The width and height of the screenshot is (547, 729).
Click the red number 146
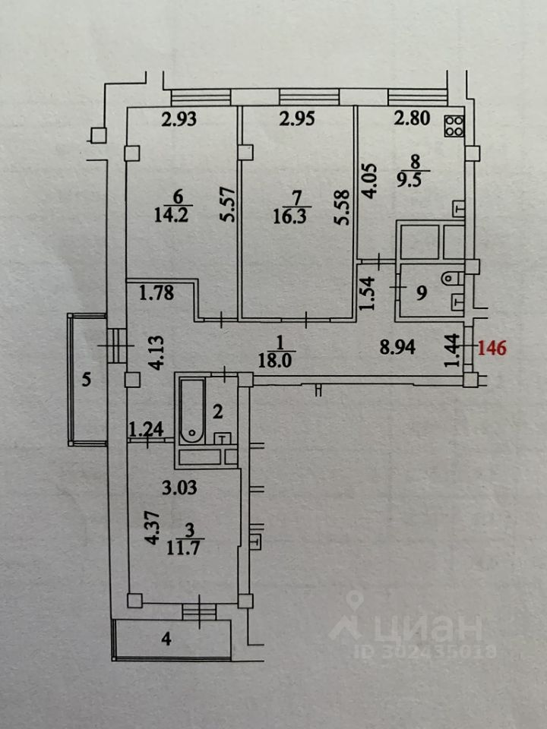(492, 349)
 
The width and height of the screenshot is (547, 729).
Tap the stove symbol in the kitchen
(454, 125)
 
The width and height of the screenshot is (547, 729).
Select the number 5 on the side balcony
(87, 380)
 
